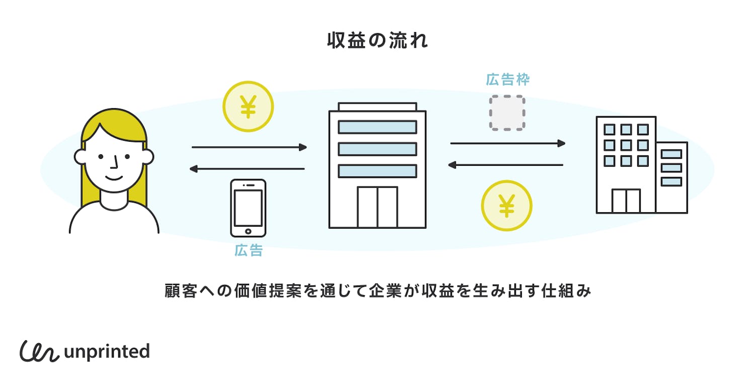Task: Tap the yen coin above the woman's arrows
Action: (248, 107)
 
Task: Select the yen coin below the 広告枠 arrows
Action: (506, 206)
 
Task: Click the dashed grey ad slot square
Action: (507, 113)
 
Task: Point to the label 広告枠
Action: (507, 79)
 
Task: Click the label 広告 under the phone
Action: (248, 251)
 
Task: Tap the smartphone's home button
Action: (248, 231)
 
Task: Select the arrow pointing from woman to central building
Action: (249, 147)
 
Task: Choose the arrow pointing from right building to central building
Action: (505, 164)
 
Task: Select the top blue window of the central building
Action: (377, 127)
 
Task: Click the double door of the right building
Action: (626, 201)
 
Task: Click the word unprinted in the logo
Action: (107, 351)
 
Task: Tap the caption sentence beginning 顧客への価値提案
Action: (377, 291)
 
